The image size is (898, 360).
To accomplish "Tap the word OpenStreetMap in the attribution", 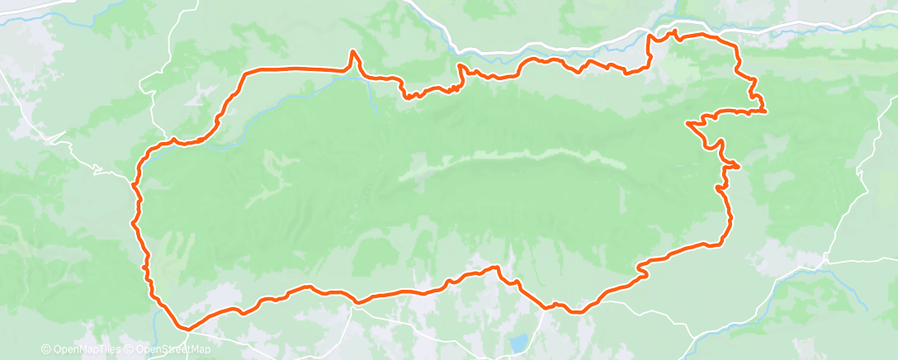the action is (x=163, y=350).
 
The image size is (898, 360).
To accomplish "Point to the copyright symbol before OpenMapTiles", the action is (x=45, y=350).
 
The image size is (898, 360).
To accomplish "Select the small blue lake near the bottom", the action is (x=518, y=342).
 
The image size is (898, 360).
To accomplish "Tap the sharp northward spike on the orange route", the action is (x=354, y=52).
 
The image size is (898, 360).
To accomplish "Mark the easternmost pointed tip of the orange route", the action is (x=765, y=111).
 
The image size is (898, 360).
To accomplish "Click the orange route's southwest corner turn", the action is (x=187, y=329).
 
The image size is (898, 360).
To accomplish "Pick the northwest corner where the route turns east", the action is (x=245, y=73).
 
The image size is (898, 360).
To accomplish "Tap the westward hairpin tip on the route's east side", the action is (x=688, y=125).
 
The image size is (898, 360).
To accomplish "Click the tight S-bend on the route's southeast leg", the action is (x=641, y=269).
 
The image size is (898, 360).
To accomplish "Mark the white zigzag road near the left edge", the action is (x=99, y=171).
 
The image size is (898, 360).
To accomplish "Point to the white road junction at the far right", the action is (x=826, y=259).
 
